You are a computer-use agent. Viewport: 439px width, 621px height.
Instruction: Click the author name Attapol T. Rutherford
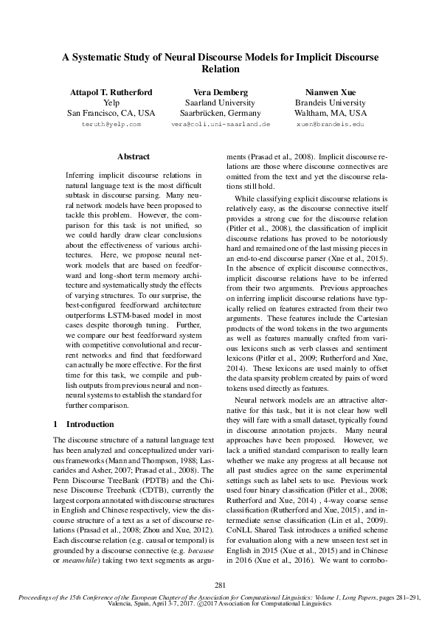pos(111,92)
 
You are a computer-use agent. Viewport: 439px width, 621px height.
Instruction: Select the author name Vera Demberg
pos(220,92)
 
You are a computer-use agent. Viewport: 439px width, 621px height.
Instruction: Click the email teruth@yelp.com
pos(111,125)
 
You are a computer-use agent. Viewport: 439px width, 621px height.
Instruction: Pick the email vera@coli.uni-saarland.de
pos(220,125)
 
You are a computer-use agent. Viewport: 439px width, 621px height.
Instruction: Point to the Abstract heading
pos(134,156)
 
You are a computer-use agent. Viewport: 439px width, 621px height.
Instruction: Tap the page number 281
pos(219,586)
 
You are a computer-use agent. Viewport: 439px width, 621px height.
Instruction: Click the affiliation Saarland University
pos(220,103)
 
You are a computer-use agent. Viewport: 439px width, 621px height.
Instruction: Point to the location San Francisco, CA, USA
pos(111,114)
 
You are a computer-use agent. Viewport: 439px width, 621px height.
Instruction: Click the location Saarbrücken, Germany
pos(220,114)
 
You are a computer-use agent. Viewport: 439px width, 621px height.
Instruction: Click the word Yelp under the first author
pos(111,103)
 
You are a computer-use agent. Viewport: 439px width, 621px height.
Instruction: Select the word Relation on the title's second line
pos(220,69)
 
